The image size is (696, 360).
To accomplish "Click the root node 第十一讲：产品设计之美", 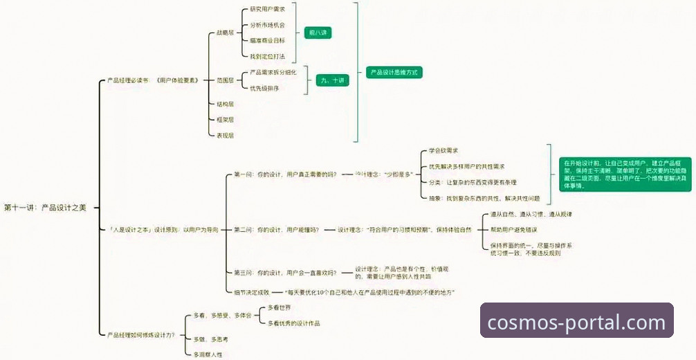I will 45,207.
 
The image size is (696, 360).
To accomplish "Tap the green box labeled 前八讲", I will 319,33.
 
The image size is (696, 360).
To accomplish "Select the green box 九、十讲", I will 331,80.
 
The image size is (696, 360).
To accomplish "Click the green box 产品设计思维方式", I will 394,72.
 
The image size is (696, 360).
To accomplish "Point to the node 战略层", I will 225,33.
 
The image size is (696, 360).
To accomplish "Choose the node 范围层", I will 225,80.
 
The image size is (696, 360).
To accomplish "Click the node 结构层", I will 225,104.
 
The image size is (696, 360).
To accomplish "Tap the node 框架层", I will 225,120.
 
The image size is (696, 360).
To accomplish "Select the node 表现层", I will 225,136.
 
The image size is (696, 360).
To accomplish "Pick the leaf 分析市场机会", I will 267,25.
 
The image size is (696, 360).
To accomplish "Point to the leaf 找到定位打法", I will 267,56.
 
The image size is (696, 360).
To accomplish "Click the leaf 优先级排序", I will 264,88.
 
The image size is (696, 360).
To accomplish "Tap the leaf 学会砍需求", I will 443,150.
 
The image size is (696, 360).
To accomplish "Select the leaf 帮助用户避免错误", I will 513,229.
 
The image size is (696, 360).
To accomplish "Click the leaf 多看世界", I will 279,307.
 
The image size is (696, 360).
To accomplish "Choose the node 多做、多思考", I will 210,339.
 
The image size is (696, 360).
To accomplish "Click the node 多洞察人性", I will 208,354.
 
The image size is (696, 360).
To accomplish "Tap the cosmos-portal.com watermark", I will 576,322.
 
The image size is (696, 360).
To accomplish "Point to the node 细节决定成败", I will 252,292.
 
